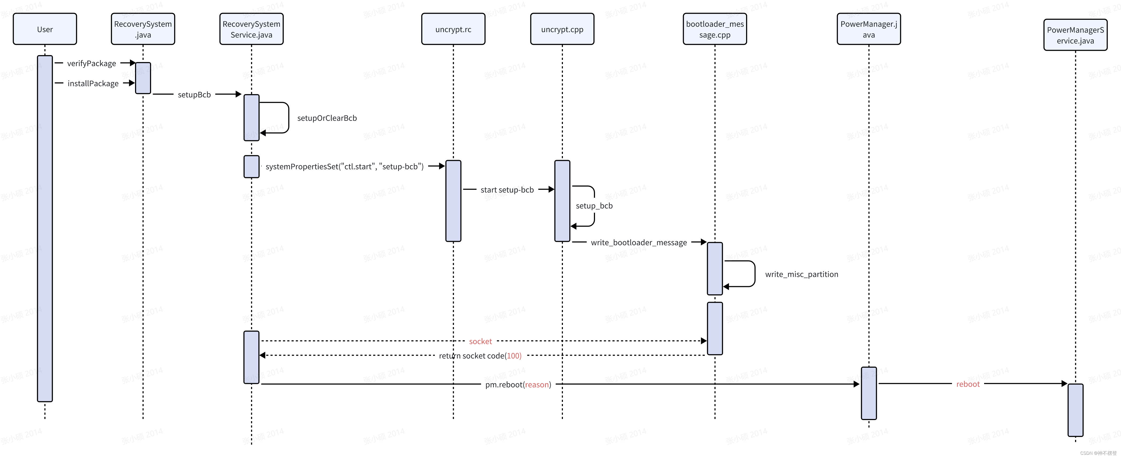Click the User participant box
(45, 29)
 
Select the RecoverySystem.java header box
(143, 29)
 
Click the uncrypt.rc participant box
(453, 29)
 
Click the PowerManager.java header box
(869, 29)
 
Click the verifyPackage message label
(91, 64)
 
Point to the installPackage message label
(93, 84)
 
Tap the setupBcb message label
(194, 95)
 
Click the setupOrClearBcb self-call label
(327, 118)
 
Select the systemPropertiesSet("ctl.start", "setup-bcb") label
(344, 166)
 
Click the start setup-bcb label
(507, 190)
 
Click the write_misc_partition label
(802, 274)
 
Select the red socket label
(481, 342)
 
